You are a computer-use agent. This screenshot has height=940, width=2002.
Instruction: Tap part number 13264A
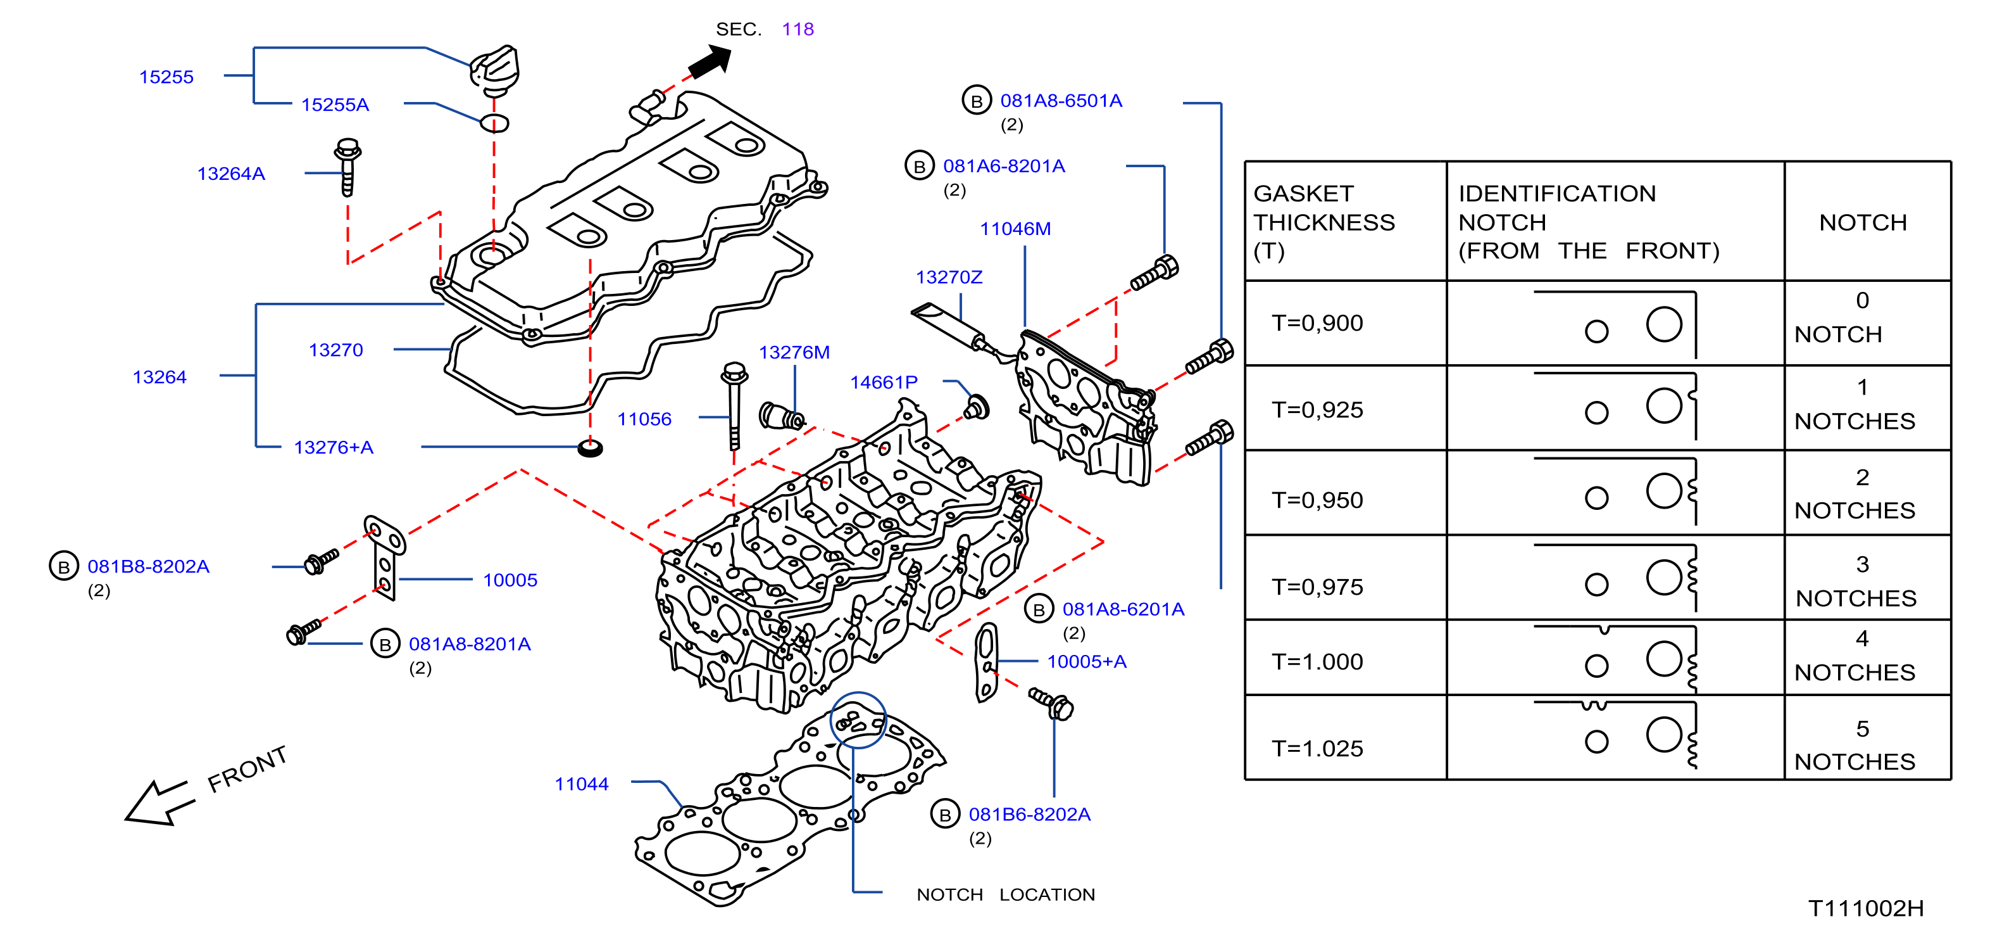[231, 174]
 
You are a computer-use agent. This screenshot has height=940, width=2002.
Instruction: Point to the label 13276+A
[334, 447]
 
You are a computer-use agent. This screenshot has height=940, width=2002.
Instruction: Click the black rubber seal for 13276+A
[591, 448]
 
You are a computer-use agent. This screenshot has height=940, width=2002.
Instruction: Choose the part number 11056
[644, 419]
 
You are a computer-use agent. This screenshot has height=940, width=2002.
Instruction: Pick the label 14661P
[884, 383]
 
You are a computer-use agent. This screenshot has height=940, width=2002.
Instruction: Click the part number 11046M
[1015, 229]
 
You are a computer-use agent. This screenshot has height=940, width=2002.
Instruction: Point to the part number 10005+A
[1087, 662]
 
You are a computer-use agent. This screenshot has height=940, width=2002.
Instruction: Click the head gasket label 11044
[581, 784]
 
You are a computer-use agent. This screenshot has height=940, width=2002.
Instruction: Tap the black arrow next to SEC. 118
[710, 61]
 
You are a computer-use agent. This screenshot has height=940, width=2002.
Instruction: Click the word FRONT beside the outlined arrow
[247, 769]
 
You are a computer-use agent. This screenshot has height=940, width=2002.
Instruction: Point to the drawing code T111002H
[1866, 908]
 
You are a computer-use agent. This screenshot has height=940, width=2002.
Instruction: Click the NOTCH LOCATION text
[1006, 895]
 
